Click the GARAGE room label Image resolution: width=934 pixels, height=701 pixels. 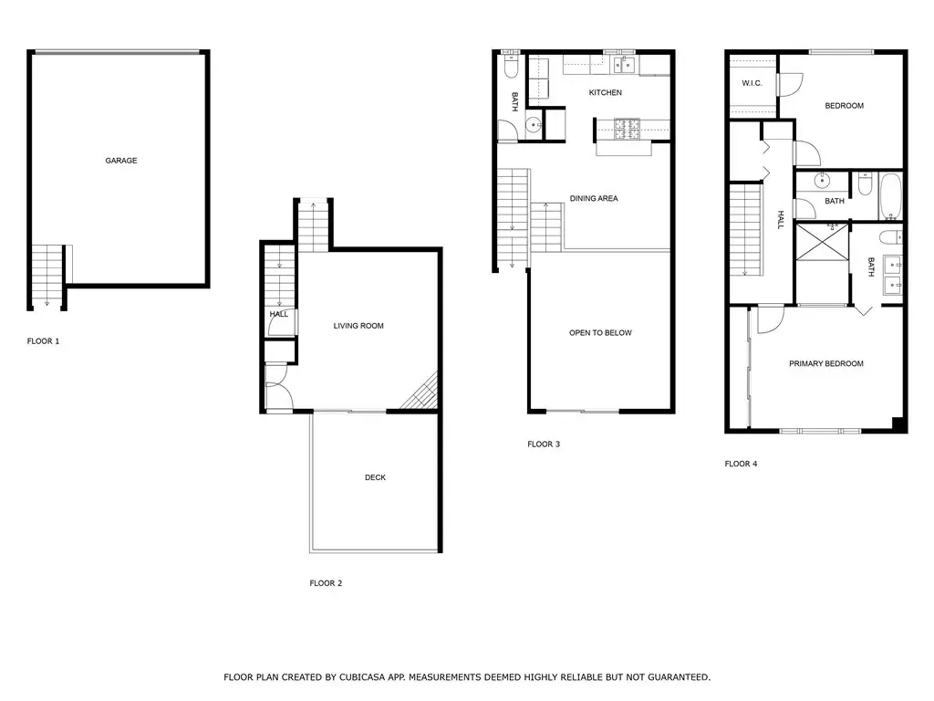tap(121, 161)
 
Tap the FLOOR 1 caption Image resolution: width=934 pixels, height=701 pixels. tap(44, 341)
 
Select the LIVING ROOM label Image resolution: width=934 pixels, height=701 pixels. tap(358, 326)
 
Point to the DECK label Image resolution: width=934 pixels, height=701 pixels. tap(375, 477)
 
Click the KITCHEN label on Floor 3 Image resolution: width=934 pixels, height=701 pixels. tap(606, 92)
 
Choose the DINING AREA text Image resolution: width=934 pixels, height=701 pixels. tap(594, 198)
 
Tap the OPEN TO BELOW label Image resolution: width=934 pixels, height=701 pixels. tap(600, 332)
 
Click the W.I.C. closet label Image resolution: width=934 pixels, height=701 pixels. tap(752, 83)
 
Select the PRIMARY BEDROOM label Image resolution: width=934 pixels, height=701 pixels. tap(826, 363)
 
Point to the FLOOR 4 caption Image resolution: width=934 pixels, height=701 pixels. tap(741, 463)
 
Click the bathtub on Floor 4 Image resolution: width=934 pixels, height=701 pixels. tap(891, 196)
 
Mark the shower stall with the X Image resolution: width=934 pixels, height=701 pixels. tap(822, 241)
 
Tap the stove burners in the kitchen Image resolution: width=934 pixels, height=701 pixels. tap(627, 130)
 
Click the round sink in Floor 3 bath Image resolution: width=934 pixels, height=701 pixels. tap(533, 125)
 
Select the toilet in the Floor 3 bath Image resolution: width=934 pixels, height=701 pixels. tap(512, 66)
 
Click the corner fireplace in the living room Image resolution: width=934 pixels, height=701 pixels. tap(422, 393)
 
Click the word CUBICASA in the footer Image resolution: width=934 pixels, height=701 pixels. tap(363, 677)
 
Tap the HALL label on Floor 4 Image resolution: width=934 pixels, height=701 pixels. tap(781, 219)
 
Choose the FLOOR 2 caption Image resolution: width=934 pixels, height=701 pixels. tap(326, 583)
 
